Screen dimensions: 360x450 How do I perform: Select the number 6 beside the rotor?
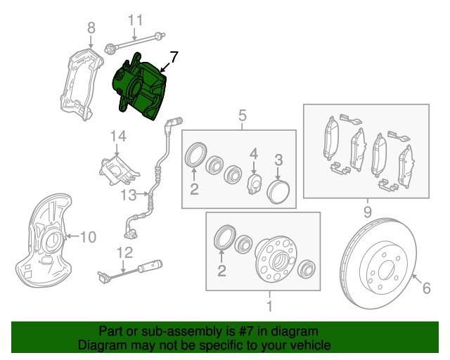pos(425,286)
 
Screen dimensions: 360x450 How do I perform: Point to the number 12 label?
pos(124,252)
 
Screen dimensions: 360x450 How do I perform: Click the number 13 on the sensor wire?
pos(127,194)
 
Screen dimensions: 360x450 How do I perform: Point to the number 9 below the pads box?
pos(367,210)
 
